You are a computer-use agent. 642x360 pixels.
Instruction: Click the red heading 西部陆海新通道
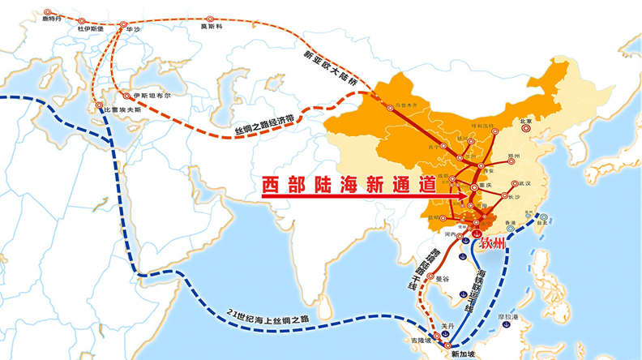[349, 185]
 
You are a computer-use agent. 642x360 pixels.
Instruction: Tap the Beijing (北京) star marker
[528, 122]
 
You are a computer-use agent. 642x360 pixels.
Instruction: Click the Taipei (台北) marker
[545, 217]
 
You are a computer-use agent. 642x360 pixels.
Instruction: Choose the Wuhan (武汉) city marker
[516, 183]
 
